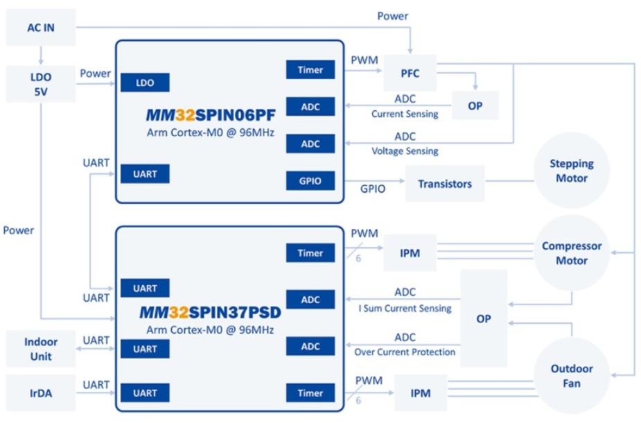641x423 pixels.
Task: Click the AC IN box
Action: point(39,28)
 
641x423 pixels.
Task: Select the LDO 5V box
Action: point(40,84)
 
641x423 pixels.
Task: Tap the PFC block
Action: point(410,73)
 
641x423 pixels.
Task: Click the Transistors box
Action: point(444,184)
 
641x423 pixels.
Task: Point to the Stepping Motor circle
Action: point(572,171)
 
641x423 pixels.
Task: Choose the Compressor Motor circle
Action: point(572,253)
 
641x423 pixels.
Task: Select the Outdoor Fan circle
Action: point(572,376)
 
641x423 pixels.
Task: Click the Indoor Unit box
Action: point(41,349)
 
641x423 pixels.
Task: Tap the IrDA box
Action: point(41,393)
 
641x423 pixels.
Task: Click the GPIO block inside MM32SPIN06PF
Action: point(310,181)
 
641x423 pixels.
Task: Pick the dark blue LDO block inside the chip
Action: point(145,83)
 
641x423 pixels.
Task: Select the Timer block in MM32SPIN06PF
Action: point(310,69)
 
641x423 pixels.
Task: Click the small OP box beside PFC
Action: point(475,106)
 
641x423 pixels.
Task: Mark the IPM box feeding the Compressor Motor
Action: point(410,253)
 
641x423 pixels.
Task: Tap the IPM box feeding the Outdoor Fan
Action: point(420,393)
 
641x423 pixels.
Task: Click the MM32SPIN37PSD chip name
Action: point(210,313)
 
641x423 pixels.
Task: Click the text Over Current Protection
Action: point(405,352)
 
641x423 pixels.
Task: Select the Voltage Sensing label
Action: point(405,150)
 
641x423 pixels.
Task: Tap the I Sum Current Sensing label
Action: point(405,308)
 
